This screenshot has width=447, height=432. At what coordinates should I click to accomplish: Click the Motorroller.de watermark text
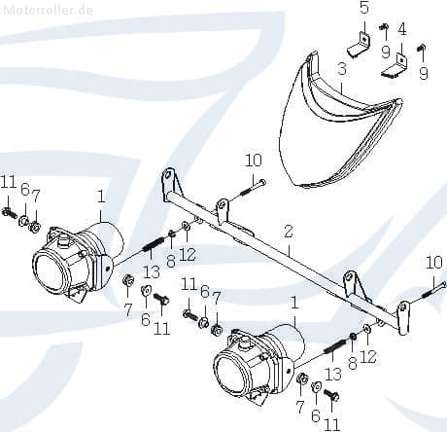pos(48,10)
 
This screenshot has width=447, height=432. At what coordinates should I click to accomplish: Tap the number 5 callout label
pos(364,9)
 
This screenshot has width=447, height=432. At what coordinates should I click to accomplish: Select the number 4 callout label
pos(401,29)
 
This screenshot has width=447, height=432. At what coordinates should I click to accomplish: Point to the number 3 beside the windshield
pos(342,69)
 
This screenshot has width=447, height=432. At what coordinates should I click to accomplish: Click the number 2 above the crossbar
pos(289,232)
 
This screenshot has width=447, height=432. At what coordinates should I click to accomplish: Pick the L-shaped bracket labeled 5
pos(360,45)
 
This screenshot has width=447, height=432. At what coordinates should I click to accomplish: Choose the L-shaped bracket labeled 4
pos(395,66)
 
